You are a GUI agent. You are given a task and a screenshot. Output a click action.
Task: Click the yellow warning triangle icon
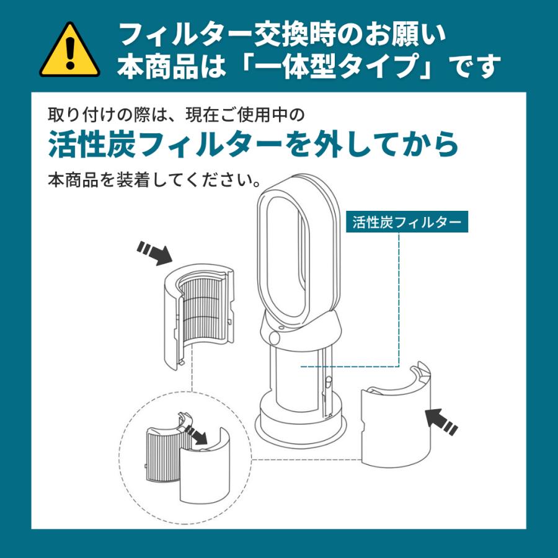69,51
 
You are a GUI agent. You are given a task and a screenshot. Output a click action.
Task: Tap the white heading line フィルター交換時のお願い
283,35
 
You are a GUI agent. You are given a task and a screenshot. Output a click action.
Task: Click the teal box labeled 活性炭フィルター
407,222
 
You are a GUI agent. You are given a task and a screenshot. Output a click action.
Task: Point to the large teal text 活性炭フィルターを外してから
253,144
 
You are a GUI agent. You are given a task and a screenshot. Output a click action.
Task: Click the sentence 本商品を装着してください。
154,180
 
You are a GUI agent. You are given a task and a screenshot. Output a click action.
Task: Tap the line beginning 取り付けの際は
176,115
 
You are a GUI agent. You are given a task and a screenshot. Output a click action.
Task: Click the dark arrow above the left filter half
154,253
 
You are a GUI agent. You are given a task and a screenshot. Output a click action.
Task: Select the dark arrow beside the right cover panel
441,422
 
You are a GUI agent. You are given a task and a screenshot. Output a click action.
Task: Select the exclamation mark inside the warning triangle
70,53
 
